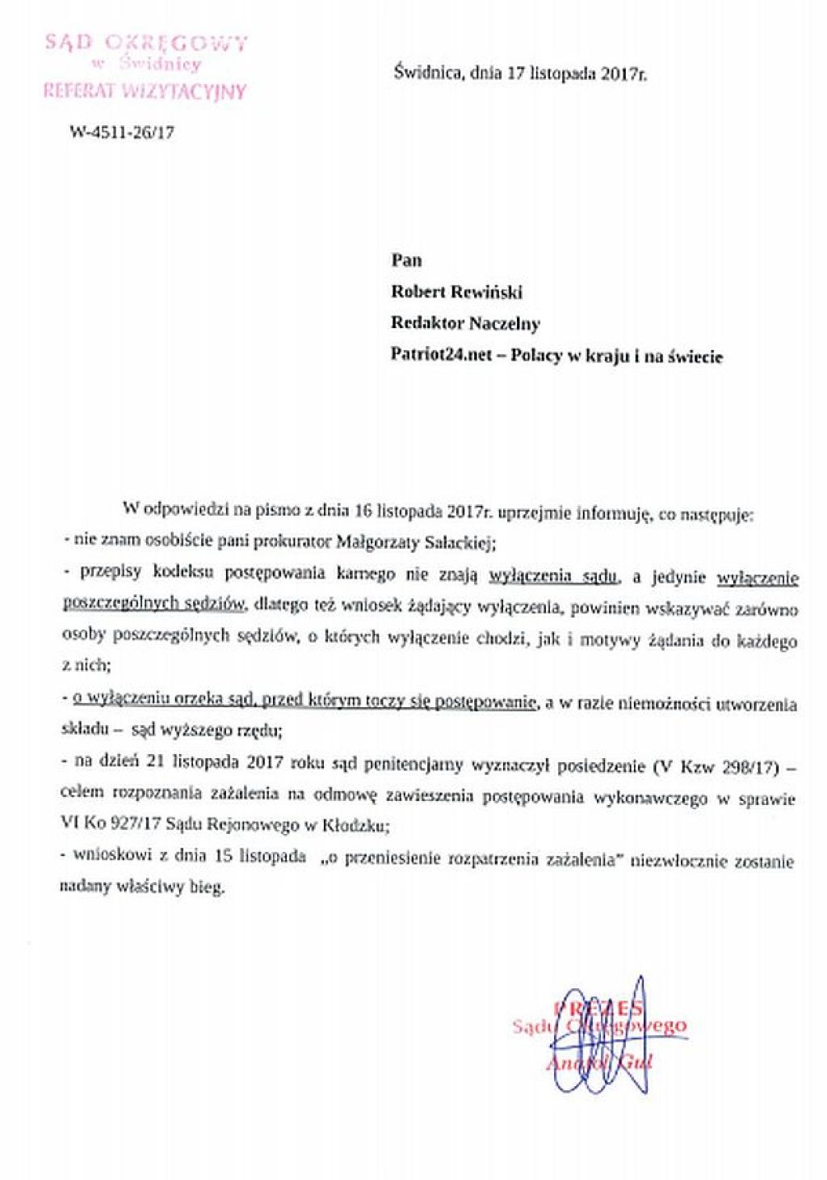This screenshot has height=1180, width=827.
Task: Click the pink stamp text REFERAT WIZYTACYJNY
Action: (144, 90)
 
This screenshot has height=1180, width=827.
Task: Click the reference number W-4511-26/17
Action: (121, 133)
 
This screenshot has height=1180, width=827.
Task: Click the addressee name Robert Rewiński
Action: (457, 292)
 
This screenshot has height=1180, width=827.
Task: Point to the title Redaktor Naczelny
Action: (465, 323)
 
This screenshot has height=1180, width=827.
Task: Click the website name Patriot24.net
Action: (441, 356)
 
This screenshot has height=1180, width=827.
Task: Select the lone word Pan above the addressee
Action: (406, 260)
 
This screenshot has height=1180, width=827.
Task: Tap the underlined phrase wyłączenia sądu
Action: (554, 575)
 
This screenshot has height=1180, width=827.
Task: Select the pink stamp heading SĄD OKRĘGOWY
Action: (145, 42)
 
